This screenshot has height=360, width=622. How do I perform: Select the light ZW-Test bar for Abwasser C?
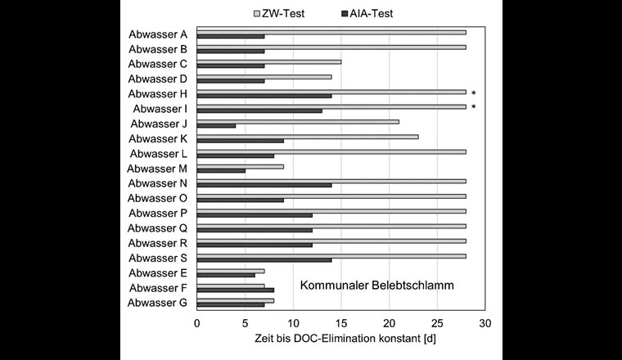pos(268,61)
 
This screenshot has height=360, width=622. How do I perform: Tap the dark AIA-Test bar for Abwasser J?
pos(216,125)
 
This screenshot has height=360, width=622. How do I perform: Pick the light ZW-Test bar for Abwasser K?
pos(307,137)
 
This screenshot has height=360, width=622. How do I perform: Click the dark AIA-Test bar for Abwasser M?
pos(221,170)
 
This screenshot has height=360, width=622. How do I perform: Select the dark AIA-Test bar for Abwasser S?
pos(264,259)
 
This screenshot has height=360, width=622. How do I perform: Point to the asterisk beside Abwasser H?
pos(474,94)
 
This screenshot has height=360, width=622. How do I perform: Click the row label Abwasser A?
pos(158,34)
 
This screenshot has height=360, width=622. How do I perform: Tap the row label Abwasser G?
pos(158,303)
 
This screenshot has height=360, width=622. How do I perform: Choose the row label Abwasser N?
pos(158,183)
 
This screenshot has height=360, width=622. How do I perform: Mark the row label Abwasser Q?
pos(158,228)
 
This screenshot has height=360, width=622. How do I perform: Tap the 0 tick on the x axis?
pos(196,323)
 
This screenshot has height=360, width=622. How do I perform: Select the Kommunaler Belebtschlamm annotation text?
pos(377,286)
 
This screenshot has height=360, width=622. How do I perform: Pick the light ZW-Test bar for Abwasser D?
pos(264,77)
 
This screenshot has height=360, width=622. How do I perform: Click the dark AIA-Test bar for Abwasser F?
pos(235,290)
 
